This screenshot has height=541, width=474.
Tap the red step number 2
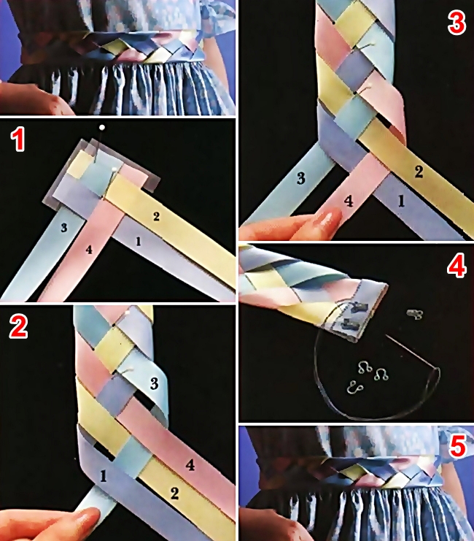point(18,326)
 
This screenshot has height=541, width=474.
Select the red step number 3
point(456,23)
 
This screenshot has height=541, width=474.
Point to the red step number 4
point(456,266)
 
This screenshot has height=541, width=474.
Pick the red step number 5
point(458,447)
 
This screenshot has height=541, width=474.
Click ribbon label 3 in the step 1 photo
point(63,228)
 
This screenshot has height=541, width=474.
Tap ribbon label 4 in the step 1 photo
point(89,249)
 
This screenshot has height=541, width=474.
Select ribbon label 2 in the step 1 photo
point(156,216)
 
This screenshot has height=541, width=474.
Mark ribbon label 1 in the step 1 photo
point(139,242)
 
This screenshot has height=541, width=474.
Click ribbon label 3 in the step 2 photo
point(154,383)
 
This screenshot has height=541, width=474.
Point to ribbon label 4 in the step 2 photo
point(190,465)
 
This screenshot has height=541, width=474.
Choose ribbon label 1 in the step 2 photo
point(103,476)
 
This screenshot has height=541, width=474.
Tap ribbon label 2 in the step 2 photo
point(175,494)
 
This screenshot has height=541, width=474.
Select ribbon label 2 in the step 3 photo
point(419,172)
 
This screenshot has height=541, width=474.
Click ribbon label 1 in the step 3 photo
point(401,202)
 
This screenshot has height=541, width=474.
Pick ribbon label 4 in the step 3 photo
point(349,202)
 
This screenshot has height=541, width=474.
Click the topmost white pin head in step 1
point(101,128)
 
